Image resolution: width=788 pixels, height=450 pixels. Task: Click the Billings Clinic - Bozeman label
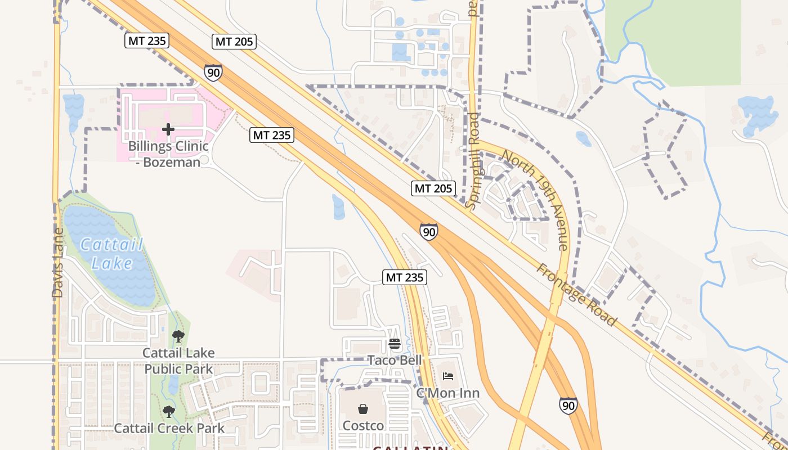[168, 154]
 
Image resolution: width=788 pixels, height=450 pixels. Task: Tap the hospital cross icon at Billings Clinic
[168, 129]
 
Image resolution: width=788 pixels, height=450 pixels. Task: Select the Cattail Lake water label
[111, 254]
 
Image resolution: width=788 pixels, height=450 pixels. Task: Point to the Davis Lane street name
[57, 263]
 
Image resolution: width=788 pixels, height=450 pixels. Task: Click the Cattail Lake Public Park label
[178, 361]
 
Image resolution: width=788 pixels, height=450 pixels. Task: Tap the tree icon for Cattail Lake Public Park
[178, 337]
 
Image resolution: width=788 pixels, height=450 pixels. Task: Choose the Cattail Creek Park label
[169, 428]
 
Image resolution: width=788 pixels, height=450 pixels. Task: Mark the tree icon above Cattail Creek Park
[168, 412]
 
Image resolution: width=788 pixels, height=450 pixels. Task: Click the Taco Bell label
[394, 360]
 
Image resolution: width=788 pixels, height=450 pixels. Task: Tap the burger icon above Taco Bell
[394, 344]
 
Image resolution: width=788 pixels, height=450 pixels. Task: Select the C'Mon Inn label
[448, 393]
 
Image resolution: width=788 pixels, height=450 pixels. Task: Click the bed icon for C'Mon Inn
[448, 376]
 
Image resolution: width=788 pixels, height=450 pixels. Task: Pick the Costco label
[363, 426]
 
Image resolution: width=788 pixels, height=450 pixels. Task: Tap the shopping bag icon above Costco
[363, 409]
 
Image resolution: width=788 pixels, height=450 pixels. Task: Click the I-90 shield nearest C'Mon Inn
[568, 405]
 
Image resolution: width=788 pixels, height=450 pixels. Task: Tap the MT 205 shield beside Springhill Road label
[433, 188]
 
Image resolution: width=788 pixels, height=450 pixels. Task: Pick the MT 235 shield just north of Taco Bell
[405, 277]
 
